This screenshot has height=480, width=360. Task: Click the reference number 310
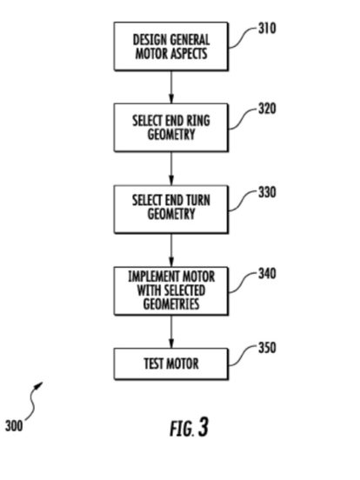(x=267, y=29)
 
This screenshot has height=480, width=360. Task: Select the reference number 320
(x=267, y=109)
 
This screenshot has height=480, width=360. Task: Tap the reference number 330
(x=267, y=192)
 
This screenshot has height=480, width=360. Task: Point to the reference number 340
(x=267, y=273)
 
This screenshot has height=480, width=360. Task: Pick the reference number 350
(x=267, y=348)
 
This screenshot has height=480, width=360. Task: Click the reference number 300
(x=14, y=426)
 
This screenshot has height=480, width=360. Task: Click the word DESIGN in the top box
(x=150, y=40)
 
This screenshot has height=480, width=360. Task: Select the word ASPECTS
(x=189, y=54)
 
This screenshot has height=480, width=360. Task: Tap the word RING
(x=198, y=120)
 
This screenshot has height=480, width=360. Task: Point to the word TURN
(x=198, y=200)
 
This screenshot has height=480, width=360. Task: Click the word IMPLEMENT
(x=150, y=277)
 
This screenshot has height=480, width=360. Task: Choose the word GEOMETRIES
(x=171, y=304)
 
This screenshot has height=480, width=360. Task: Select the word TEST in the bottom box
(x=153, y=363)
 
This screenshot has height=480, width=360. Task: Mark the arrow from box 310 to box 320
(x=171, y=87)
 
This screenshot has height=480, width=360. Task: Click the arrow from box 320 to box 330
(x=171, y=169)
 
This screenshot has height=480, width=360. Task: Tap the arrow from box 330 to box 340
(x=171, y=250)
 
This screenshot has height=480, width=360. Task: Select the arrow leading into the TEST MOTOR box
(x=171, y=332)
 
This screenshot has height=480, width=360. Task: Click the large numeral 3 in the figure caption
(x=203, y=427)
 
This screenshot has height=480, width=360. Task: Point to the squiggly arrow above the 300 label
(x=34, y=401)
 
